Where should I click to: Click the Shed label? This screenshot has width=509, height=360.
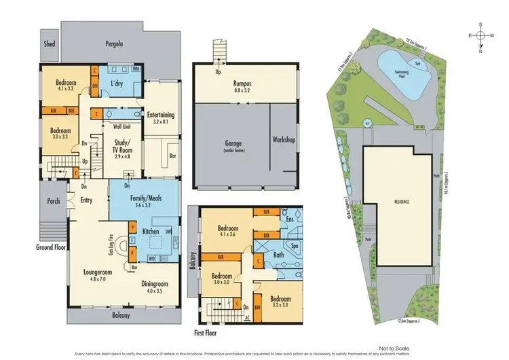coord(50,44)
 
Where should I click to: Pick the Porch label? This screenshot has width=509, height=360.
coord(53,201)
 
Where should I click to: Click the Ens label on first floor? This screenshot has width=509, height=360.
coord(289,219)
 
